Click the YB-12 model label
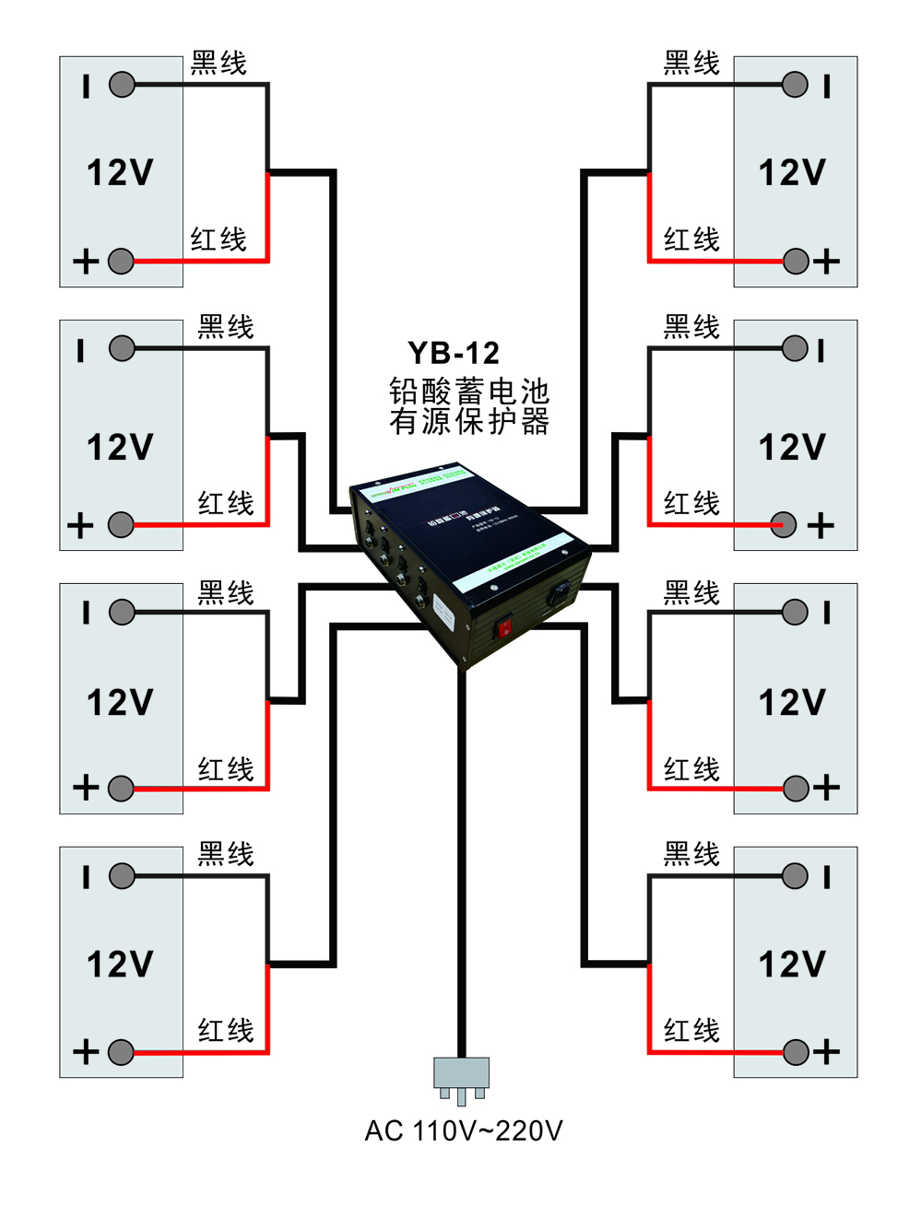(454, 353)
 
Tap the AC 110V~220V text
(463, 1130)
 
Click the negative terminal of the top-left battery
(122, 85)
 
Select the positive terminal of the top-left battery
(121, 262)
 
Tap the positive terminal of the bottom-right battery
(797, 1051)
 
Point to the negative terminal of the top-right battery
(795, 85)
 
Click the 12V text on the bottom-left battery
(120, 965)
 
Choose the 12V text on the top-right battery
(792, 172)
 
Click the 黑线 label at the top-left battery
(219, 63)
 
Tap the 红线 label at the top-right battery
(691, 240)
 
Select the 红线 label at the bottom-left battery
(226, 1030)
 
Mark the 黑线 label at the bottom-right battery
(691, 854)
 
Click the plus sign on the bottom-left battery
(86, 1051)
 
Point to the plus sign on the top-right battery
(827, 262)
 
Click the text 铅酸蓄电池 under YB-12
(468, 392)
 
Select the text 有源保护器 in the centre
(468, 421)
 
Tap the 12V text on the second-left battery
(120, 448)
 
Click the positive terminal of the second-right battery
(783, 525)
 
